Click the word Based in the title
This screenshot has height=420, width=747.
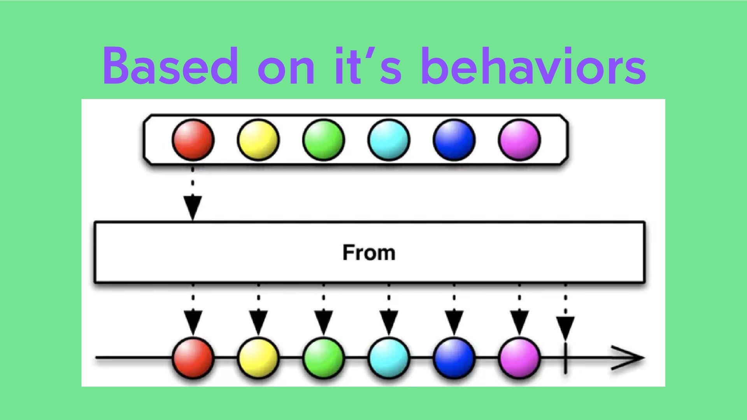point(170,66)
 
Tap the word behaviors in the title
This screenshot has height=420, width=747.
point(533,66)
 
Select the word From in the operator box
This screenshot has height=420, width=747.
point(369,253)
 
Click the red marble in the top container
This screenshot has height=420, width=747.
point(193,140)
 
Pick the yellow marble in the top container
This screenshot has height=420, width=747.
point(258,140)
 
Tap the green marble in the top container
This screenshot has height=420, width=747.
point(323,140)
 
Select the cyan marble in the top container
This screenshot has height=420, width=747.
point(389,140)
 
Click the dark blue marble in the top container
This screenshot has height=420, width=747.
point(454,140)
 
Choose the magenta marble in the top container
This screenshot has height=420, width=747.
point(519,140)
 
